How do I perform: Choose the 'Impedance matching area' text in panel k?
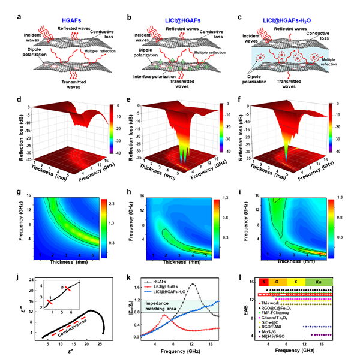pos(175,305)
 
